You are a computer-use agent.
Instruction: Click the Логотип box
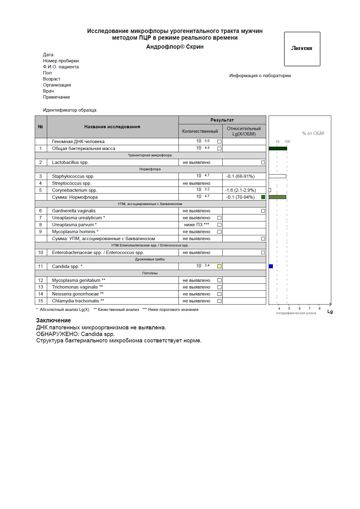pos(302,49)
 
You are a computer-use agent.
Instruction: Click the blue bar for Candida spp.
pos(271,266)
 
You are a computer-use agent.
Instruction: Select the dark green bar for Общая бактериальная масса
pos(278,148)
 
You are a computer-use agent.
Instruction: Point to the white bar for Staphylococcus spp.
pos(277,176)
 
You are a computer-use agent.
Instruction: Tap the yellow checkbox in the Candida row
pos(219,266)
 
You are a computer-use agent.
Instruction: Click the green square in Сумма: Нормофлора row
pos(263,197)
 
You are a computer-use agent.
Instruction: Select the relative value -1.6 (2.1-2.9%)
pos(241,190)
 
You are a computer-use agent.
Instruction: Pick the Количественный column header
pos(200,131)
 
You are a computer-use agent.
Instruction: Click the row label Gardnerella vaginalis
pos(74,211)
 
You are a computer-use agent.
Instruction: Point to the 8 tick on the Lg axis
pos(319,308)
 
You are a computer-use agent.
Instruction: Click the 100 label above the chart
pos(287,142)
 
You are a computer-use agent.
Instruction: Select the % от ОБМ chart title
pos(313,133)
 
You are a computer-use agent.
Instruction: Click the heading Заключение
pos(54,320)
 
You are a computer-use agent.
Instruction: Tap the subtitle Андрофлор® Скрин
pos(175,47)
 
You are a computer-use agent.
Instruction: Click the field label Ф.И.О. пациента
pos(61,67)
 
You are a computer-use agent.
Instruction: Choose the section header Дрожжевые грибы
pos(150,259)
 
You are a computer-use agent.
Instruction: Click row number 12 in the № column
pos(41,280)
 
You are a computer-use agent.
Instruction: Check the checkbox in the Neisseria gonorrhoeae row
pos(219,294)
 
